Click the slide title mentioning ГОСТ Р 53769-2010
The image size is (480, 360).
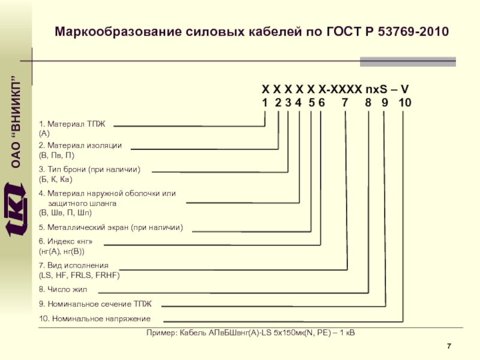[x=251, y=31]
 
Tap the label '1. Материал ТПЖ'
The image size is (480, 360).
[x=72, y=124]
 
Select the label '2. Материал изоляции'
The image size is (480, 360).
[x=80, y=146]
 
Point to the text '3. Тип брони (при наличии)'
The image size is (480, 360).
[x=89, y=170]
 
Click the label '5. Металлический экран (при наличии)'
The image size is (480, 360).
[x=110, y=228]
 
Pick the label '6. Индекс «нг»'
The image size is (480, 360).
[x=66, y=242]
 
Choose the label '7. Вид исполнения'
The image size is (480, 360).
[x=74, y=265]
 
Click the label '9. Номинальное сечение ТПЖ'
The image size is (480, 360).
[x=87, y=304]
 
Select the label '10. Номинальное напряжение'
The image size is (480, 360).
[x=95, y=319]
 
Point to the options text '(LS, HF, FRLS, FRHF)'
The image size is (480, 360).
[x=79, y=275]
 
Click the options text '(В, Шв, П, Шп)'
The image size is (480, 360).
[x=65, y=213]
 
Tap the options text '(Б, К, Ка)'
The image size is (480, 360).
[x=55, y=179]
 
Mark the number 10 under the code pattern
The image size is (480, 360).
[x=404, y=103]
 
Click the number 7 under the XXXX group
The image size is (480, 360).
[x=344, y=103]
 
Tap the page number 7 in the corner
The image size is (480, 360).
[x=449, y=346]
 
